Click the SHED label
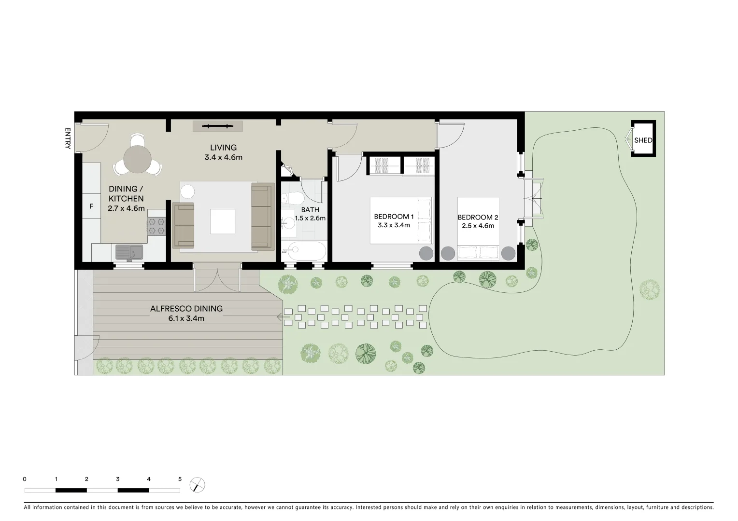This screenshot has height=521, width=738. click(643, 140)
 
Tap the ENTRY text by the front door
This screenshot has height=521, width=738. click(68, 138)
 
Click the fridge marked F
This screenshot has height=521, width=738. click(91, 206)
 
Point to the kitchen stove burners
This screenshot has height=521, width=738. click(156, 226)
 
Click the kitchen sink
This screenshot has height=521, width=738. click(129, 252)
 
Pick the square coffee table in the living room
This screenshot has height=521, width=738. click(223, 221)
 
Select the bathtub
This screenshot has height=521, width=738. click(304, 251)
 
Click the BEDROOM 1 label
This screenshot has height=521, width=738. click(394, 217)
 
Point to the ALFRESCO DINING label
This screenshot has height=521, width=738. click(186, 309)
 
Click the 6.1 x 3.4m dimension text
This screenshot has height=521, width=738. click(186, 318)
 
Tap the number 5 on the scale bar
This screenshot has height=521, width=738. click(180, 479)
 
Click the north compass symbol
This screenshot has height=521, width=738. click(197, 485)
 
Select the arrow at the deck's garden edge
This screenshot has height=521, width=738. click(280, 317)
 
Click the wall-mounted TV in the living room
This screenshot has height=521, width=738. click(218, 126)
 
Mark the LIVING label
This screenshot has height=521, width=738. click(223, 148)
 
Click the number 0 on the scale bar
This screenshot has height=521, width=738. click(25, 479)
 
